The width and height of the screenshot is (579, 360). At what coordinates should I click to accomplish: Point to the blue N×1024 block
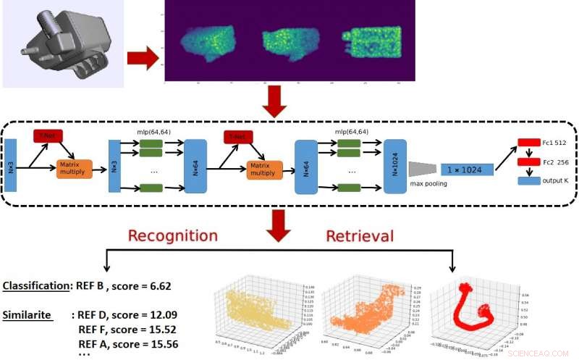pyautogui.click(x=395, y=166)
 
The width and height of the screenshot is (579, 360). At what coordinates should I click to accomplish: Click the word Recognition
pyautogui.click(x=172, y=236)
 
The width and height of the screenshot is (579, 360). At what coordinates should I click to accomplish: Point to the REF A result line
pyautogui.click(x=127, y=343)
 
